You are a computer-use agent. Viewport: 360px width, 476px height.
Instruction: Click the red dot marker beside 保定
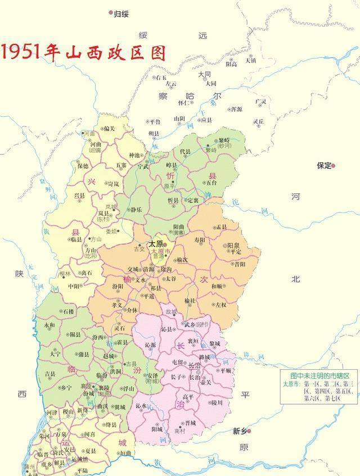(x=334, y=166)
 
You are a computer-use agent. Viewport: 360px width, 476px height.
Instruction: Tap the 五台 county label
(x=211, y=183)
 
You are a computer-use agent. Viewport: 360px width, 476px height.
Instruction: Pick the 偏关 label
(x=109, y=129)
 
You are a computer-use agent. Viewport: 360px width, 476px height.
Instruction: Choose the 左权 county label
(x=220, y=304)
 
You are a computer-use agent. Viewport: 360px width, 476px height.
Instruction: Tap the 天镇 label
(x=250, y=60)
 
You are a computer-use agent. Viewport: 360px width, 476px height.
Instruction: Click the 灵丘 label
(x=258, y=121)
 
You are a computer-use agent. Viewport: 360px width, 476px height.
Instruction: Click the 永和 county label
(x=49, y=325)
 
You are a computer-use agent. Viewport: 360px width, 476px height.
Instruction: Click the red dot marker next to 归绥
(x=110, y=12)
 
